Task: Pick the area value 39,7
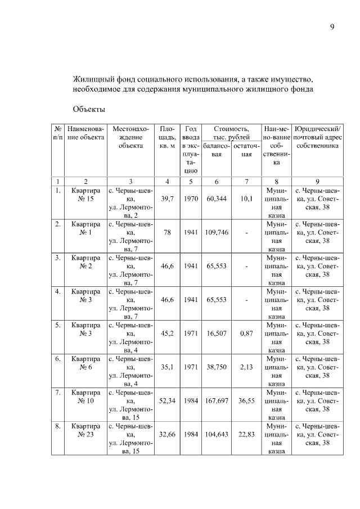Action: point(166,199)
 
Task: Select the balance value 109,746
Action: point(217,232)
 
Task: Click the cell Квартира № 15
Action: point(85,195)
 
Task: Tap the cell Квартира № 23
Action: point(85,431)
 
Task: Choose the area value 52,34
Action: point(166,401)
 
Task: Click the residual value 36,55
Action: point(246,401)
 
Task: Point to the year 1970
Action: point(191,199)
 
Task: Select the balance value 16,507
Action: point(217,334)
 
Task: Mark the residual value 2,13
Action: point(246,367)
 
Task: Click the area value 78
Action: point(166,232)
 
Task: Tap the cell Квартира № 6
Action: point(85,363)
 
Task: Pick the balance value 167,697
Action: point(217,401)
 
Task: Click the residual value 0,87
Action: point(246,334)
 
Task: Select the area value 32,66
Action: point(166,435)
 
